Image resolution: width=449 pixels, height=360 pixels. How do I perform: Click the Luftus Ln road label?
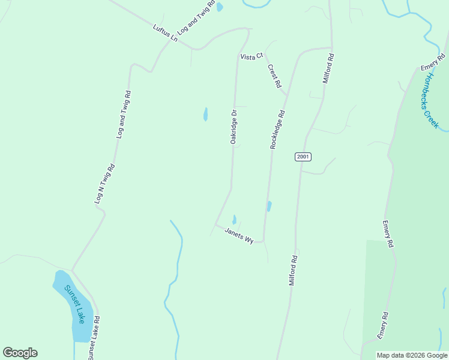coord(166,32)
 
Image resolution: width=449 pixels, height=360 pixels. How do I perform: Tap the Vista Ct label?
coord(252,56)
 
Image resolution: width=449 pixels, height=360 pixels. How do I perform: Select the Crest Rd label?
coord(274,76)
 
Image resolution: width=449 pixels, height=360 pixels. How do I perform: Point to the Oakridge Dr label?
coord(234,126)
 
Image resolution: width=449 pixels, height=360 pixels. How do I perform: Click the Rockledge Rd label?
coord(277,129)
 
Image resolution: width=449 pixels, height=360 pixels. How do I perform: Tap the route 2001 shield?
coord(303,157)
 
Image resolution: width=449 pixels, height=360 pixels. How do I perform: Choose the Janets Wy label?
coord(239,235)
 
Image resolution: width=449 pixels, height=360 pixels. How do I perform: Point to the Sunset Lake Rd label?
coord(93,338)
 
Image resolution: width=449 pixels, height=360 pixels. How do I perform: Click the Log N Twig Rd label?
coord(104,184)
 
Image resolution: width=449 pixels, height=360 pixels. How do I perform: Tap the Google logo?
coord(20,353)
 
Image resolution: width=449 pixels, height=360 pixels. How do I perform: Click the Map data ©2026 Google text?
coord(412,355)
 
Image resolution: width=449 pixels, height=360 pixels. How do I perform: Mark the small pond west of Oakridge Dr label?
coord(205,114)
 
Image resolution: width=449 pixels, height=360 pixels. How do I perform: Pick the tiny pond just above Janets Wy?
coord(234,220)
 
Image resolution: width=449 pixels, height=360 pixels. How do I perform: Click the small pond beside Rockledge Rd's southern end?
coord(269,206)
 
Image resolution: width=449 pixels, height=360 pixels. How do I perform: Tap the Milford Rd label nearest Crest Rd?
coord(328,68)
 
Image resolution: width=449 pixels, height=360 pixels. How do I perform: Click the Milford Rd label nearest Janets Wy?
coord(294,269)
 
